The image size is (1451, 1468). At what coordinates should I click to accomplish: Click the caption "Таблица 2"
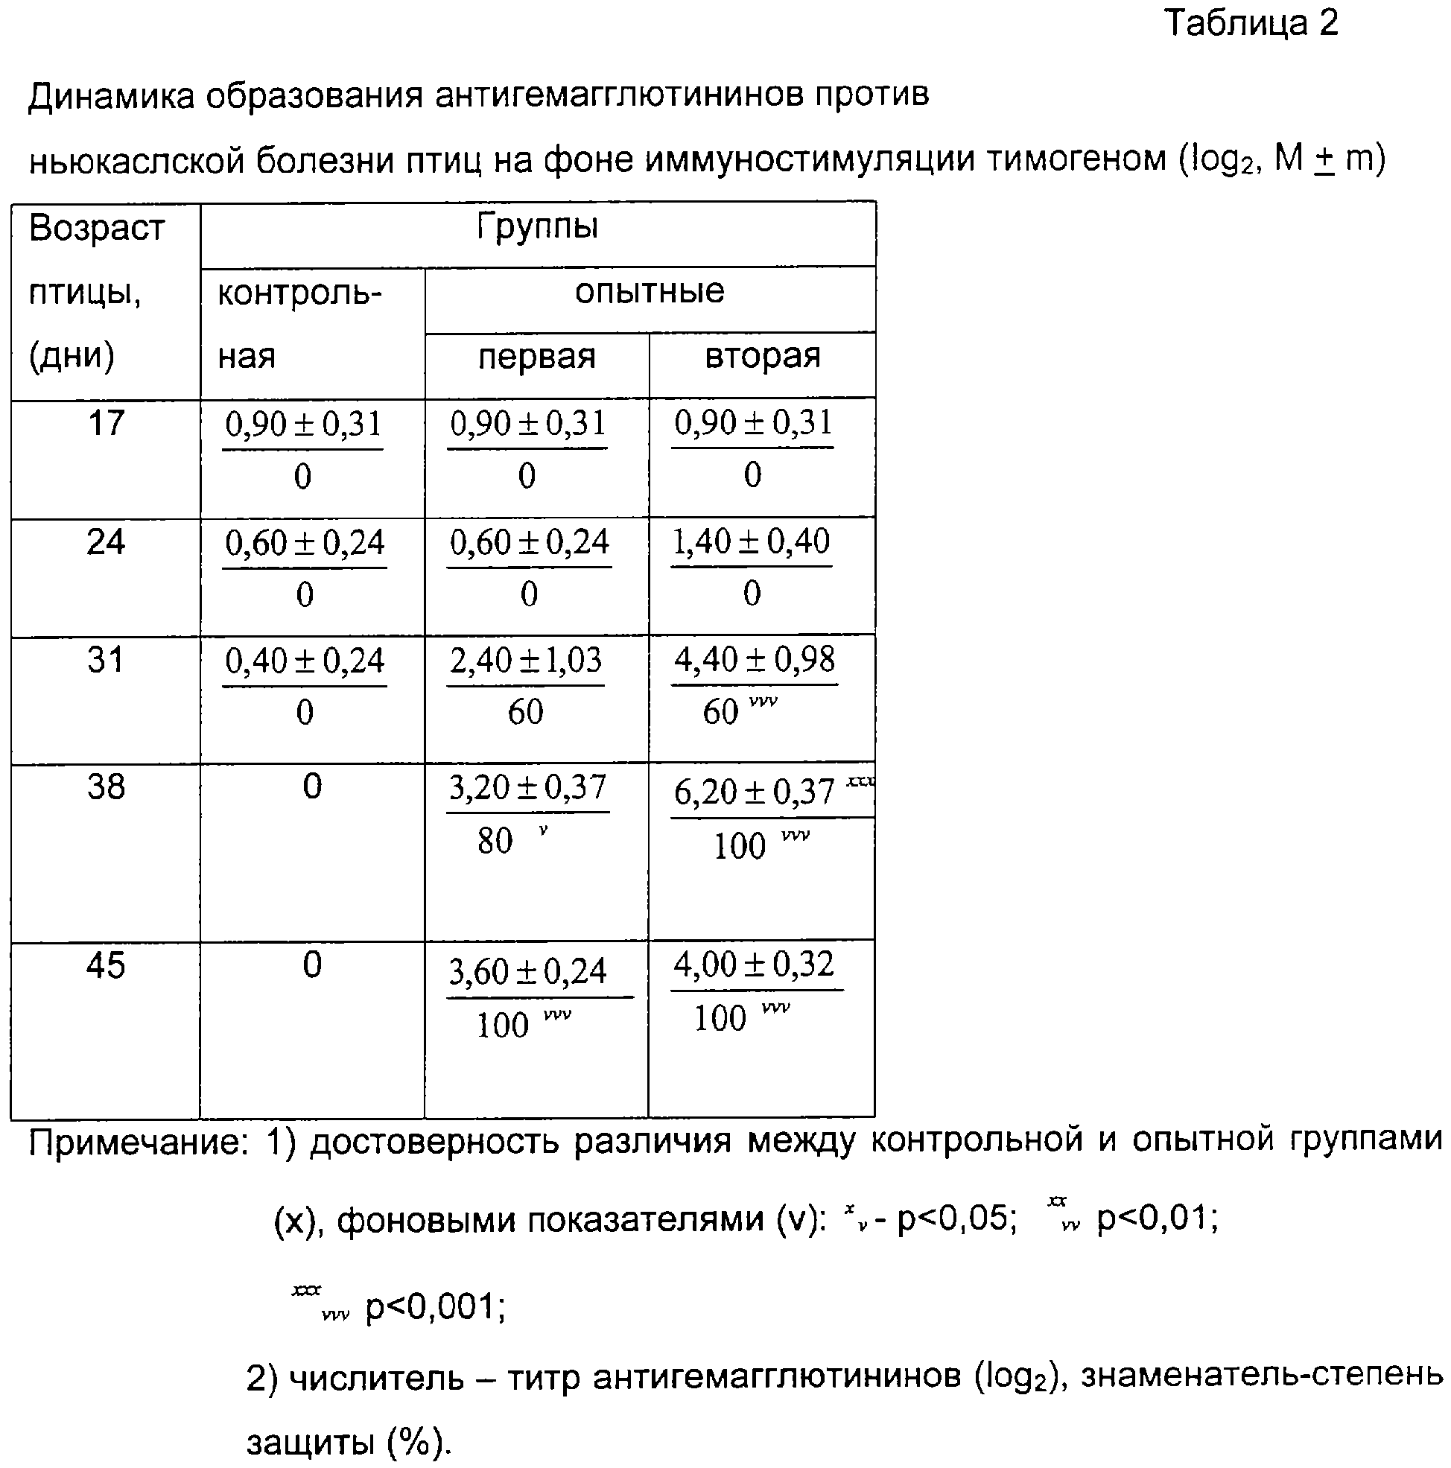1251,25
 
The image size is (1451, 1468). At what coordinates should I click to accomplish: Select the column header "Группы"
537,226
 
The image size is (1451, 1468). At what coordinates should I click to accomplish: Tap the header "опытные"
649,292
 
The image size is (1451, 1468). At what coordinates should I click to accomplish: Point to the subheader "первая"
536,356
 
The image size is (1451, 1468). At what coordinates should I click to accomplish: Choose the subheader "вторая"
762,355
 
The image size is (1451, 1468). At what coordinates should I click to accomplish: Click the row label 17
106,423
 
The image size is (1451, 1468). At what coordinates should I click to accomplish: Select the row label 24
106,542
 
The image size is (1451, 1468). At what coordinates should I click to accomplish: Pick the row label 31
106,661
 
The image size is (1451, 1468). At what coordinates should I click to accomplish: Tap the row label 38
106,787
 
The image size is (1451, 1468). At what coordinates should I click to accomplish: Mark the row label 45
106,966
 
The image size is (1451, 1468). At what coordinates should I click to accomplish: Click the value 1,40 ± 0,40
751,542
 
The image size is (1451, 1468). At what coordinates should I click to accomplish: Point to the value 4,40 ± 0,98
754,661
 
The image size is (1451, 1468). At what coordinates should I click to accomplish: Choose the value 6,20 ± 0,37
754,792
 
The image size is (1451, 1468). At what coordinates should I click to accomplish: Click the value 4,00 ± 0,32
754,965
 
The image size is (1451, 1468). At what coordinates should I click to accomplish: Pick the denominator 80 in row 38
495,841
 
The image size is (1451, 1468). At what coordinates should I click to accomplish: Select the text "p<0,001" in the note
435,1307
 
